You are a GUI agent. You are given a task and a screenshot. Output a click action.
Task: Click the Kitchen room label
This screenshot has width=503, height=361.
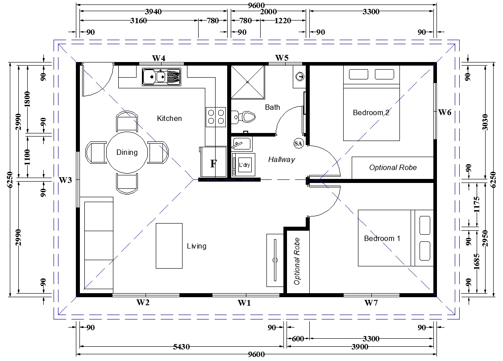(170, 118)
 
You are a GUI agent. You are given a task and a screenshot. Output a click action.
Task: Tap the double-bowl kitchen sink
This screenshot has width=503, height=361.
(162, 77)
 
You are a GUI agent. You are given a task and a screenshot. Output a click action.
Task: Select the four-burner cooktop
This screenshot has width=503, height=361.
(216, 117)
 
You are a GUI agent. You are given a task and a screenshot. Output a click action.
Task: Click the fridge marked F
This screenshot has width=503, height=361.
(213, 162)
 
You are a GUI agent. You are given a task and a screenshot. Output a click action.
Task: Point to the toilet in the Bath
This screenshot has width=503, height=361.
(243, 117)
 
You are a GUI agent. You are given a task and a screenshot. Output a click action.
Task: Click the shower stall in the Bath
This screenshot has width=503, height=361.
(248, 82)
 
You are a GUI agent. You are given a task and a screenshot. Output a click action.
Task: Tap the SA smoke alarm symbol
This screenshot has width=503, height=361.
(298, 143)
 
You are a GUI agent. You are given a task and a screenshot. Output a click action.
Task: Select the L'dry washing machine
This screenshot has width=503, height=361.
(244, 165)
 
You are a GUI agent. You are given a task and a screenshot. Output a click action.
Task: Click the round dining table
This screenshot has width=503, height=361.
(127, 152)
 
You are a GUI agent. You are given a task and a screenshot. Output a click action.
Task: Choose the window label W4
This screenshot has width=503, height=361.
(158, 58)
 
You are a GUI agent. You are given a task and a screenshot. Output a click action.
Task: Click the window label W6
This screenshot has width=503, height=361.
(445, 112)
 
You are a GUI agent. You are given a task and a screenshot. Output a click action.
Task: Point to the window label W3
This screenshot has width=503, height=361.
(65, 180)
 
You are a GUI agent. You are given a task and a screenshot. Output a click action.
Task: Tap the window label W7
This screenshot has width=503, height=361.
(371, 303)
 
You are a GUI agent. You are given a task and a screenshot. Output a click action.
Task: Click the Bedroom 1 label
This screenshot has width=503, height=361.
(382, 238)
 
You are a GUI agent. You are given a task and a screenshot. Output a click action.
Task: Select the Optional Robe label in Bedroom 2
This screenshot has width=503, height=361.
(393, 167)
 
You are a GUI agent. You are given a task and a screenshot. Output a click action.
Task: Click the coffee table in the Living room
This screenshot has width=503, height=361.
(169, 245)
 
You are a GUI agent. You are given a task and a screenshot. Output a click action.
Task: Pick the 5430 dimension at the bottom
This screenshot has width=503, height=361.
(182, 347)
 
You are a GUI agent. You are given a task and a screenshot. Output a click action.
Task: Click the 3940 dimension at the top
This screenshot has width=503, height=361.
(154, 12)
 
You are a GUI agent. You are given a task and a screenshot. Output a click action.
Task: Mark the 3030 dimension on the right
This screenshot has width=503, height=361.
(485, 122)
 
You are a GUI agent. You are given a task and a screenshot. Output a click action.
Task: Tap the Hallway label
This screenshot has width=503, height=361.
(282, 159)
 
